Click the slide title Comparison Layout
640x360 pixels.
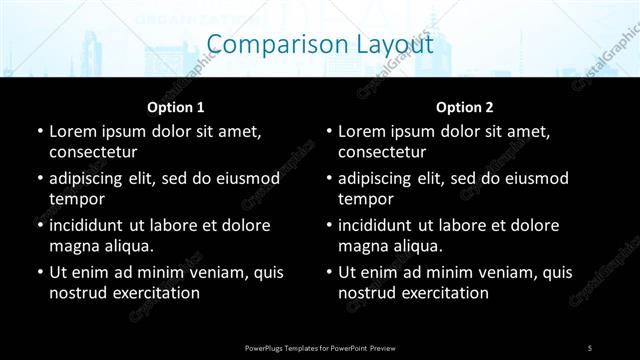pos(320,45)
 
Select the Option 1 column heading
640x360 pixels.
pos(176,107)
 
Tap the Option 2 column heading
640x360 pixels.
pos(465,107)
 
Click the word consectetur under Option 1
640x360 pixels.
pos(93,152)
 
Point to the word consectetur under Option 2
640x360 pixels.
pos(382,152)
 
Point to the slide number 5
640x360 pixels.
pos(590,347)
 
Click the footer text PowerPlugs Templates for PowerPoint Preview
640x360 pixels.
pos(320,347)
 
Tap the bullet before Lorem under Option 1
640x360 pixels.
pos(39,132)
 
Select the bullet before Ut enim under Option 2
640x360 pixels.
pos(328,272)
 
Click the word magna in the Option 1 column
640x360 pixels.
pos(72,246)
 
